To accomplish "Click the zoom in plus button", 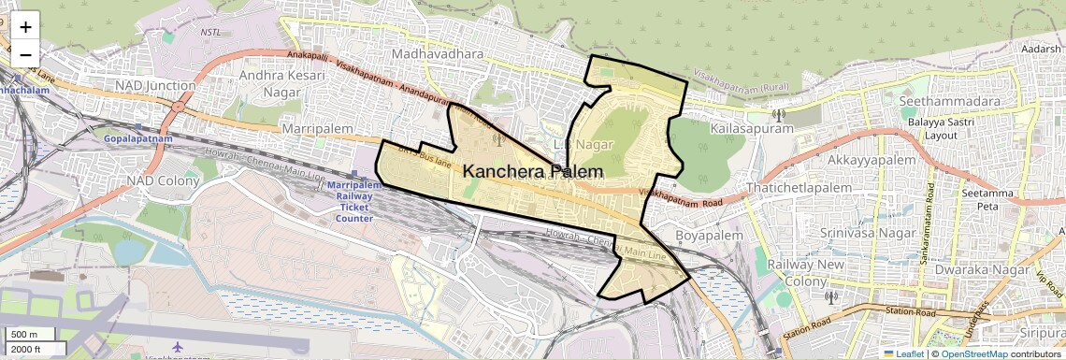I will pyautogui.click(x=25, y=26).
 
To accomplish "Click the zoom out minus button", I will pyautogui.click(x=25, y=54).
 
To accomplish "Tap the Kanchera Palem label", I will pyautogui.click(x=533, y=172).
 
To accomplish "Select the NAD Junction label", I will pyautogui.click(x=155, y=86).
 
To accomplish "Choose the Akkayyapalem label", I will pyautogui.click(x=871, y=160).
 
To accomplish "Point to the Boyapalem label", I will pyautogui.click(x=709, y=236).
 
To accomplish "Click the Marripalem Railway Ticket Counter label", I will pyautogui.click(x=354, y=202).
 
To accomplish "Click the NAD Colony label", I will pyautogui.click(x=163, y=180).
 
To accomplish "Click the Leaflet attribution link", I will pyautogui.click(x=903, y=353).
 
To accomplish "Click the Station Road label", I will pyautogui.click(x=809, y=328).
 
